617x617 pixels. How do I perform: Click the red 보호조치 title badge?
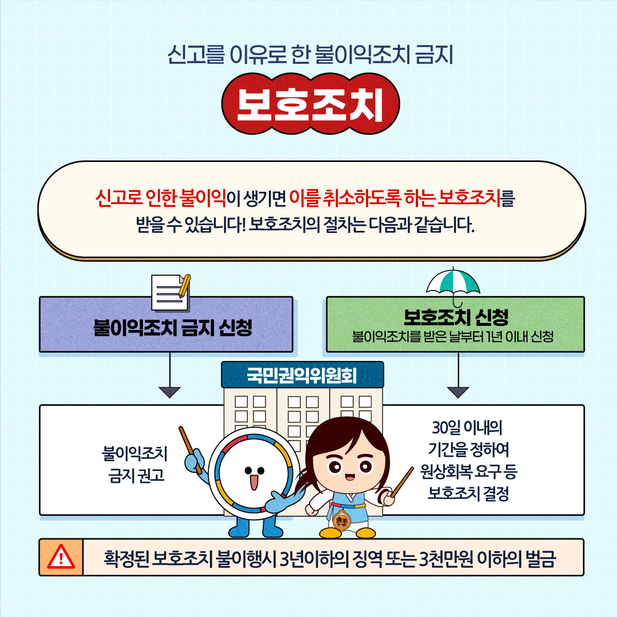point(310,104)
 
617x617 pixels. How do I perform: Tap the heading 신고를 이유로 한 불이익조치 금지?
point(310,55)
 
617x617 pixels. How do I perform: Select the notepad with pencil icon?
point(171,293)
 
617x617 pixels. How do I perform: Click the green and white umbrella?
point(453,286)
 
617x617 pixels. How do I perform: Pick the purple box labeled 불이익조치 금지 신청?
point(166,324)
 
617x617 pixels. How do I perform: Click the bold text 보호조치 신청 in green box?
point(456,317)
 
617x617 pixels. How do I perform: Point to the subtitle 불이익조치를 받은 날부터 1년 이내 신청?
point(453,336)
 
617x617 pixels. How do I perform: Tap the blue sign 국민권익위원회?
point(302,375)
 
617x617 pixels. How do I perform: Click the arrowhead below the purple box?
point(169,392)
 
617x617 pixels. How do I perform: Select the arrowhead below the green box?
point(458,392)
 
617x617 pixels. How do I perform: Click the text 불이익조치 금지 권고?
point(135,465)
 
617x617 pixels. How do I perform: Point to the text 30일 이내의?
point(467,428)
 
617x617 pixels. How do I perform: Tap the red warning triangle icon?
point(61,557)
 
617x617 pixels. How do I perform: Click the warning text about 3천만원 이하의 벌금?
point(330,558)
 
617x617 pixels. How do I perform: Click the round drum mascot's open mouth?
point(254,482)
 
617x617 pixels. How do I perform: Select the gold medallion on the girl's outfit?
point(341,521)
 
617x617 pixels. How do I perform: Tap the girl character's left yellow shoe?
point(331,533)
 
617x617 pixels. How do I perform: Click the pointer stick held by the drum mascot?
point(191,450)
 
